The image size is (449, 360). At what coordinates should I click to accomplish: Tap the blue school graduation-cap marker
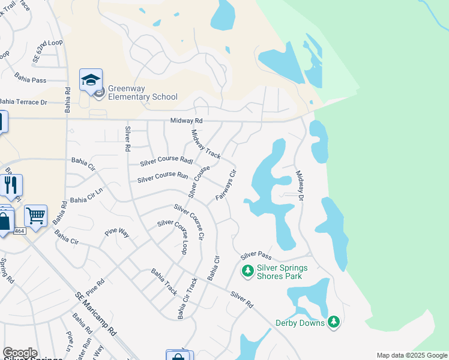click(91, 80)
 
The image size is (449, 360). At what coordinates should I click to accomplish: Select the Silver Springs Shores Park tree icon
click(247, 272)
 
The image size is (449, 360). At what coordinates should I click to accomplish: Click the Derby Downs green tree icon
click(334, 323)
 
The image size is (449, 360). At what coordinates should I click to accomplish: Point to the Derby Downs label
click(300, 323)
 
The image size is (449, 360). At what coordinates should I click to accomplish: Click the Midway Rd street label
click(187, 121)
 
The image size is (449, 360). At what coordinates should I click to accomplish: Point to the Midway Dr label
click(300, 185)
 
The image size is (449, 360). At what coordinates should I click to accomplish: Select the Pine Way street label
click(117, 232)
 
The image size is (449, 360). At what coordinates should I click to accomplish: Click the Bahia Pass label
click(30, 79)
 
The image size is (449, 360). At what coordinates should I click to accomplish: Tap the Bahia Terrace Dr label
click(23, 102)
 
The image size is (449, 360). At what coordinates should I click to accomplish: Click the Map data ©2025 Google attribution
click(411, 355)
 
